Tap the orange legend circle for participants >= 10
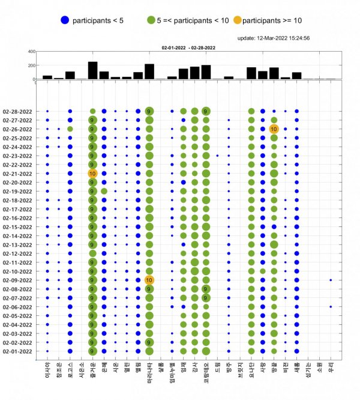coord(238,20)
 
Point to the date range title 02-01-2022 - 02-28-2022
coord(188,46)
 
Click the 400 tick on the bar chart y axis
coord(30,52)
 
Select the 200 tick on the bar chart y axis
coord(30,65)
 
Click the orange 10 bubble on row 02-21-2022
coord(92,173)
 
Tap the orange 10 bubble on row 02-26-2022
coord(274,129)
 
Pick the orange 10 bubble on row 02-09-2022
coord(149,280)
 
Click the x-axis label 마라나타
coord(149,373)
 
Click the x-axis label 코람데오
coord(206,373)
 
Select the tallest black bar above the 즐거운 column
coord(92,70)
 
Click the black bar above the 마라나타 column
coord(149,71)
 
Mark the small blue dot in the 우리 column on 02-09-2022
coord(331,280)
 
